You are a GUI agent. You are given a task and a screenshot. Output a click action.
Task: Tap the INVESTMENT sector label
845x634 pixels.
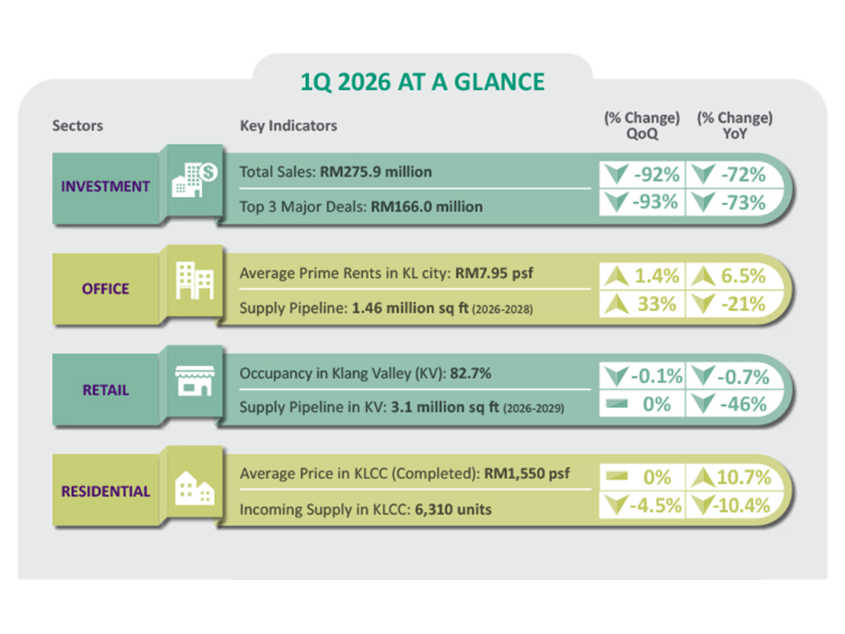[105, 187]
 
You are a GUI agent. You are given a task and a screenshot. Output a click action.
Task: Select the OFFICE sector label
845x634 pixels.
[105, 289]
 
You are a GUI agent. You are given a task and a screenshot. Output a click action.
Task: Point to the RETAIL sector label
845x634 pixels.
[105, 391]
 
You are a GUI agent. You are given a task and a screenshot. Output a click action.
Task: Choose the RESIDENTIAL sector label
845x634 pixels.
[105, 491]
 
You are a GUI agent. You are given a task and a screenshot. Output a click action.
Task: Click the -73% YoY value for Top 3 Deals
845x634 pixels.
[740, 203]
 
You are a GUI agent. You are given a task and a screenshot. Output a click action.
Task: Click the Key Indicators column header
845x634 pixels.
[288, 126]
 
